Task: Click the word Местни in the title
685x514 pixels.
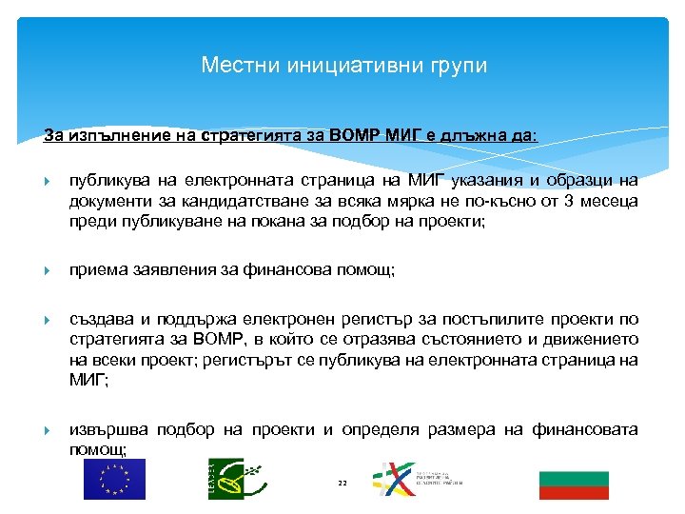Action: pos(232,66)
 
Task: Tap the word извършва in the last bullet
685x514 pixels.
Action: pos(107,429)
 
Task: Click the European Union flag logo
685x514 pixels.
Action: pos(114,479)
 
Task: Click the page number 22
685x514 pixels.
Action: pos(342,484)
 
